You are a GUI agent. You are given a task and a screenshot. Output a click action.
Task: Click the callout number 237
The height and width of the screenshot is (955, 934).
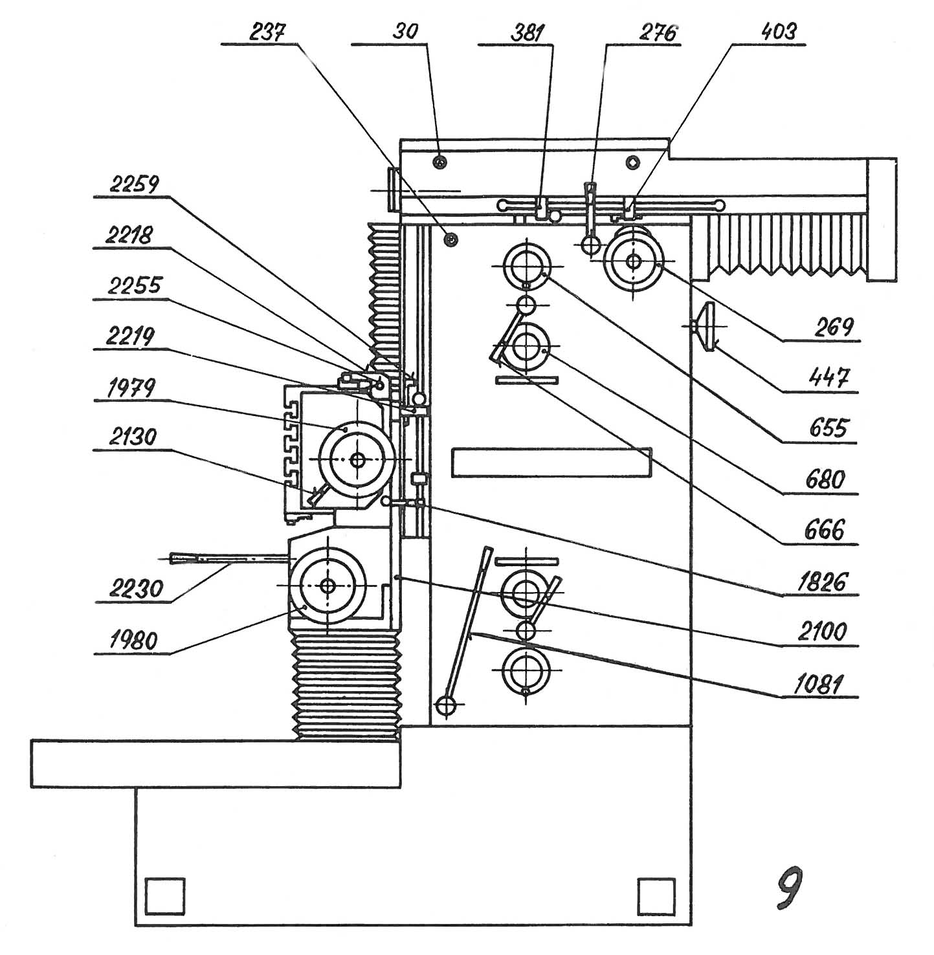(x=267, y=32)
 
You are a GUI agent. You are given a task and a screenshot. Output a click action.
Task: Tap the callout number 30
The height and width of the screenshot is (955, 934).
(x=405, y=32)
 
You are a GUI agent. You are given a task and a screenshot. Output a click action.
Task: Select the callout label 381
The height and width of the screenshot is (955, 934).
(x=528, y=32)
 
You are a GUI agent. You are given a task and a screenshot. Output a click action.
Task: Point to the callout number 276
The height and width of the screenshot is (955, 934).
(x=658, y=32)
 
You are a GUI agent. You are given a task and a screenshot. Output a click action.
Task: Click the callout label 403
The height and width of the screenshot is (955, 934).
(x=779, y=32)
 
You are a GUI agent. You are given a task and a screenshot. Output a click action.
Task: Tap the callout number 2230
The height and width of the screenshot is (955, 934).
(x=136, y=588)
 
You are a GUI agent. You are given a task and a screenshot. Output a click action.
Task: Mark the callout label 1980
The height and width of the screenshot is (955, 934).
(x=133, y=641)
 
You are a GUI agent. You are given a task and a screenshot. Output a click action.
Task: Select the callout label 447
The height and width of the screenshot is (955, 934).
(x=829, y=378)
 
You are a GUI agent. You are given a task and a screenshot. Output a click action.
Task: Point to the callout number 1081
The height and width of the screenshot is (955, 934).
(x=819, y=684)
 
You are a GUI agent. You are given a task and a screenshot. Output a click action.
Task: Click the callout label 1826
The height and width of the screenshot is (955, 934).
(x=822, y=582)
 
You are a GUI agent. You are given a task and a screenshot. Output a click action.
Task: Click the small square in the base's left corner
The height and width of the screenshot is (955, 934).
(x=165, y=896)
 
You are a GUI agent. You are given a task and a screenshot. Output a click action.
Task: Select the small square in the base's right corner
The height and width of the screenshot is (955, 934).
(x=656, y=896)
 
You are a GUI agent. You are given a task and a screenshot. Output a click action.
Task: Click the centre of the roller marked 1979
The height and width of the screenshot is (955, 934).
(x=357, y=459)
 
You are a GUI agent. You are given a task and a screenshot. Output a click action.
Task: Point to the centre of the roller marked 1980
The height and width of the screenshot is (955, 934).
(x=328, y=586)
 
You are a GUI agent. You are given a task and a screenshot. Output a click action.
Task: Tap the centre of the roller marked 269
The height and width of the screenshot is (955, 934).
(x=633, y=261)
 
